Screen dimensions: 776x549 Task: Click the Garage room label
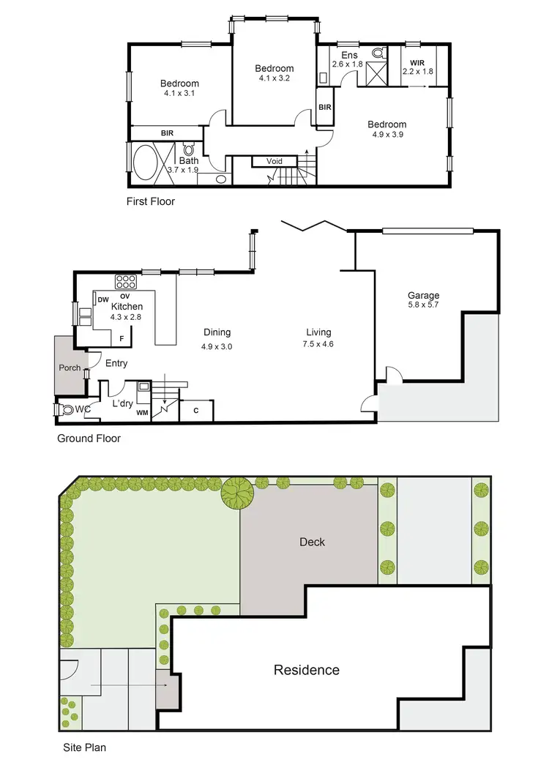pos(423,296)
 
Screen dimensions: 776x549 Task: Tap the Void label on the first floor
pos(274,161)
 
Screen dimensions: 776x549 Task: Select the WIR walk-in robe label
pos(418,62)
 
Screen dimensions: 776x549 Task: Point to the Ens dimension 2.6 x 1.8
pos(348,64)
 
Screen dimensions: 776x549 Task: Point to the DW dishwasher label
pos(103,299)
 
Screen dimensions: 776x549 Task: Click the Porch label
pos(70,368)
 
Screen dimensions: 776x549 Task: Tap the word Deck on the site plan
pos(312,542)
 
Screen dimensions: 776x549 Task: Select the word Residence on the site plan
pos(307,670)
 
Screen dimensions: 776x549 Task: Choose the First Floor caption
pos(152,201)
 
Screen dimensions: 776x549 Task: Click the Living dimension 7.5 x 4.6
pos(319,343)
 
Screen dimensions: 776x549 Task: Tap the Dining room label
pos(217,332)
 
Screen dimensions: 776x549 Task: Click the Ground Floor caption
pos(89,439)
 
